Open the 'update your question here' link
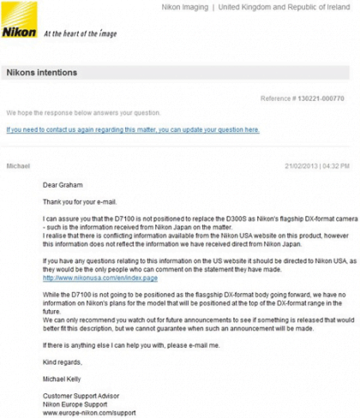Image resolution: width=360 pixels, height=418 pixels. coord(133,129)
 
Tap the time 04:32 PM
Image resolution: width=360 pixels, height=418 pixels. coord(340,164)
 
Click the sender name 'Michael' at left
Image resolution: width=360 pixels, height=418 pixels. coord(19,164)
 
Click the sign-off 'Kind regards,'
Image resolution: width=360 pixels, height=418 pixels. coord(62,361)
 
